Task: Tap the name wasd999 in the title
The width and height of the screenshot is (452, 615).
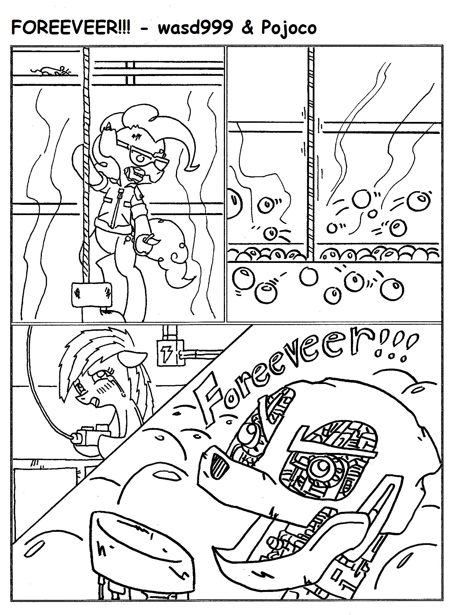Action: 195,28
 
